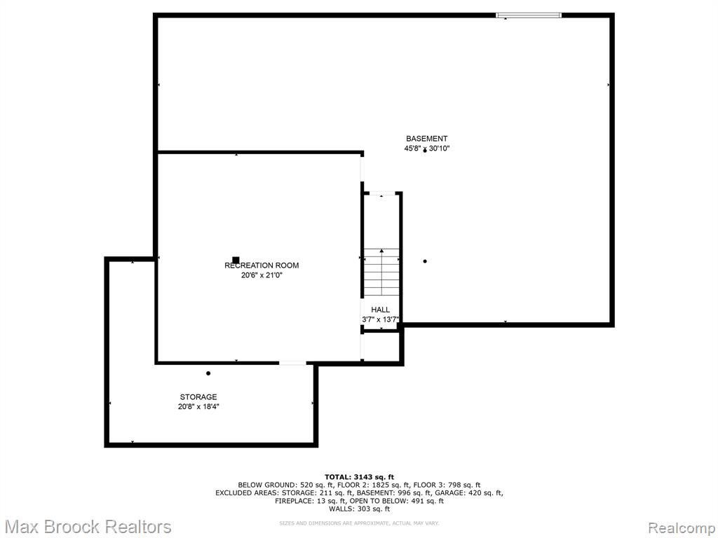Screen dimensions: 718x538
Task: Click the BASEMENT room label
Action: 427,139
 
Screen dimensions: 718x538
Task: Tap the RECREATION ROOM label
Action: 262,265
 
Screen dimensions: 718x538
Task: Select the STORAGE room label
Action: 198,397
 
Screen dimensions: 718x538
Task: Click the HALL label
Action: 381,310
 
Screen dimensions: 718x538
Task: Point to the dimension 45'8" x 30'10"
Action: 424,149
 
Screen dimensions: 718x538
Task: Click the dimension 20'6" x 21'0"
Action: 262,275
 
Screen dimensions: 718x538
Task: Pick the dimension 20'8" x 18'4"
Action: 198,407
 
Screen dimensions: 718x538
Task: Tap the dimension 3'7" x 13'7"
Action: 381,319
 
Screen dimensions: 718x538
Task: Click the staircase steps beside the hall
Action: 381,273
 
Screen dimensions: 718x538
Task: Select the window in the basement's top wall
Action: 529,15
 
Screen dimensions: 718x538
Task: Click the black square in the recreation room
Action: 236,260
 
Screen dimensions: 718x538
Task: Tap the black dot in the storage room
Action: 208,373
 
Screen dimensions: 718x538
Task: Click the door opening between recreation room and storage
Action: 292,364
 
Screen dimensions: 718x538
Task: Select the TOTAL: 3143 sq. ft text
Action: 359,477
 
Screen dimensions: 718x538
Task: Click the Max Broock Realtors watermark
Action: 88,527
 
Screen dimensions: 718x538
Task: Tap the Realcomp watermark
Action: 682,527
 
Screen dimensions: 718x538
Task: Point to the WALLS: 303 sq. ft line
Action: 359,509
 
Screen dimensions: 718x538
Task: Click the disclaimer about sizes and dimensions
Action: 359,523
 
